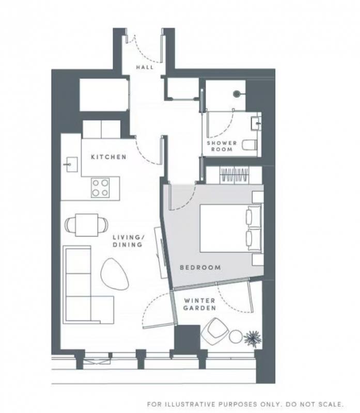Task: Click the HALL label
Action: click(145, 67)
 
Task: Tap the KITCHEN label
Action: click(108, 157)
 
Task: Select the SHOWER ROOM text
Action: click(222, 146)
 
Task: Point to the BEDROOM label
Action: click(200, 267)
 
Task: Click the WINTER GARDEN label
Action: click(200, 304)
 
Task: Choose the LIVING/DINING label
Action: click(128, 241)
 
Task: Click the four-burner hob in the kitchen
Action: click(100, 187)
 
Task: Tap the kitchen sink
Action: click(71, 164)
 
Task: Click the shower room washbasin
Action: click(256, 123)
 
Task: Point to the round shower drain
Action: click(237, 93)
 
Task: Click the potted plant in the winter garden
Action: click(253, 338)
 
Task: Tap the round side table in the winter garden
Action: click(236, 337)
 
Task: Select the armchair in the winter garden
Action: click(215, 331)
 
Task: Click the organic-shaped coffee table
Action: click(114, 274)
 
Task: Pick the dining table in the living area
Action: click(87, 225)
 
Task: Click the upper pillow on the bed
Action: click(253, 216)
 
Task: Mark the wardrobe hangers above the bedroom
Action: click(235, 175)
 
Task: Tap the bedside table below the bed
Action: click(258, 260)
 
